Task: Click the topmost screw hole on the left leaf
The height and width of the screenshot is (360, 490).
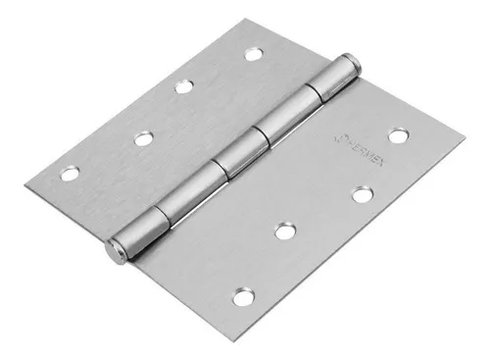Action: point(253,53)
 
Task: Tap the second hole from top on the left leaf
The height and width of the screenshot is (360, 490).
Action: point(183,86)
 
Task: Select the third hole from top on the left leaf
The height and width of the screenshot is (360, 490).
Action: point(143,138)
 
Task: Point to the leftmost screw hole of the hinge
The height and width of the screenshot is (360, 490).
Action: point(69,175)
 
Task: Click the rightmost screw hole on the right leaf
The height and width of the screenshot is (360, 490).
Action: point(397,135)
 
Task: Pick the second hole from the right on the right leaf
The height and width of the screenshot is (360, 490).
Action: point(362,194)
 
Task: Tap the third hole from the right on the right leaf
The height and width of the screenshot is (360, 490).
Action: point(285,231)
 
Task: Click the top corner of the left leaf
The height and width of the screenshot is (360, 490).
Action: point(266,17)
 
